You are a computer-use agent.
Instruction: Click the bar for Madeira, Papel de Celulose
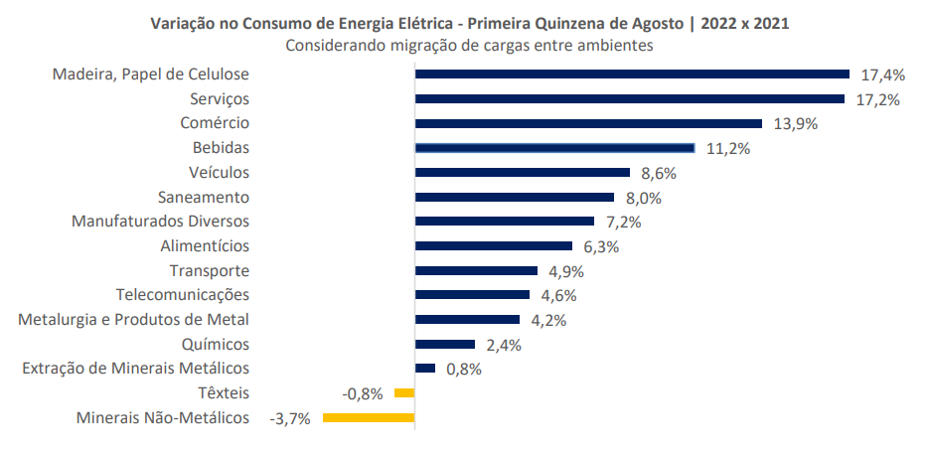coord(632,74)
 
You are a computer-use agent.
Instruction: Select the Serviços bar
coord(629,98)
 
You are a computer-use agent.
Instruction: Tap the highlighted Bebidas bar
coord(554,148)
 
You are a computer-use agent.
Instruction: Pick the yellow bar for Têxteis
coord(404,393)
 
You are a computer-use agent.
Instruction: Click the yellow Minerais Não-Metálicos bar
coord(368,417)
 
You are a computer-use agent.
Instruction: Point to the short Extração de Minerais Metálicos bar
coord(425,369)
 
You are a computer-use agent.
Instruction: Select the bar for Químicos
coord(445,345)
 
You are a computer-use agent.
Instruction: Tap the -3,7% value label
coord(290,418)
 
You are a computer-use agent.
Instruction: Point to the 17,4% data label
coord(883,75)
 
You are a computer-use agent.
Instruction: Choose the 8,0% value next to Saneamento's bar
coord(641,198)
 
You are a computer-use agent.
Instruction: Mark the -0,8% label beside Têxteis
coord(363,394)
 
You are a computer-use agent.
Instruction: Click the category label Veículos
coord(219,172)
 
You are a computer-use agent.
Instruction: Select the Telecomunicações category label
coord(183,294)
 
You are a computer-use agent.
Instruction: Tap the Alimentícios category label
coord(205,245)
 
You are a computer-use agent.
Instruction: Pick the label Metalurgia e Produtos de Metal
coord(134,319)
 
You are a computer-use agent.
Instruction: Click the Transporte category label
coord(209,270)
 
